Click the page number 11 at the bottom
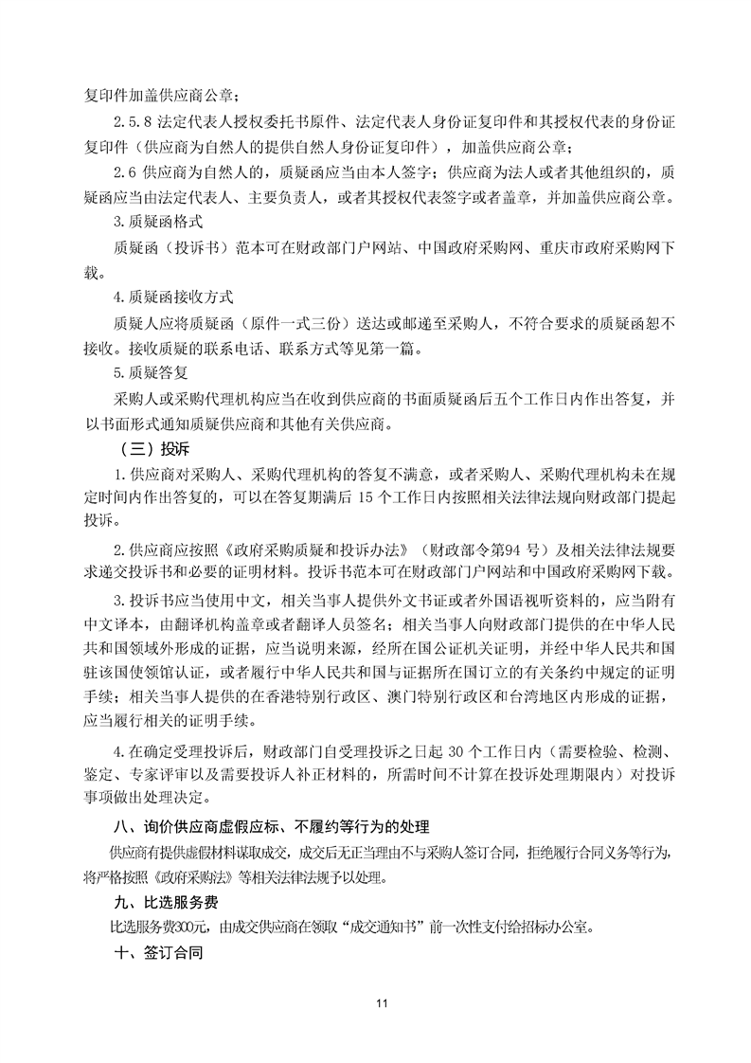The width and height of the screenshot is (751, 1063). click(376, 1002)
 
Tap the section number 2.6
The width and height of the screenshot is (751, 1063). click(123, 173)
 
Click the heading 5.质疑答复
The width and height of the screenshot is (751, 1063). click(152, 370)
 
